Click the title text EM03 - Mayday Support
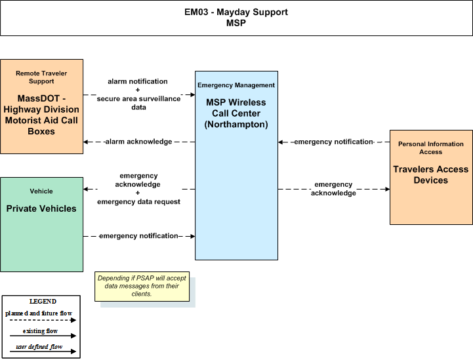(236, 12)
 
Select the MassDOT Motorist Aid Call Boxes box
(41, 106)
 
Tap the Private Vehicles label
(41, 209)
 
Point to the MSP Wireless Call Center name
(236, 113)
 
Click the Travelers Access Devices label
(431, 174)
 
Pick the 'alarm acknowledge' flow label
(139, 142)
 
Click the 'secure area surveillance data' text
(139, 103)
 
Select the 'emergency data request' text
(139, 202)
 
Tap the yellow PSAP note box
(142, 287)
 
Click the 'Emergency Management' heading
(236, 85)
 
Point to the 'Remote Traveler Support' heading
(41, 77)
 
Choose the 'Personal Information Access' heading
(431, 148)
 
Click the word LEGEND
(43, 302)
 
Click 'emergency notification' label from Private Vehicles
(138, 236)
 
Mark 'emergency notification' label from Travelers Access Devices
(334, 142)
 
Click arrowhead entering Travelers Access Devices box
(387, 190)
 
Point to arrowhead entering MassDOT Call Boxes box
(86, 142)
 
